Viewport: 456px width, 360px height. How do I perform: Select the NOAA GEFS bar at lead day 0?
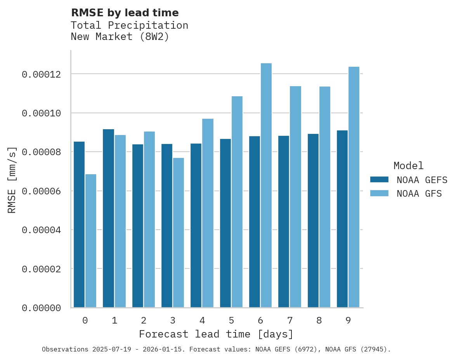(79, 225)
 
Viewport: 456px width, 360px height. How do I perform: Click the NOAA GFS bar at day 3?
(179, 233)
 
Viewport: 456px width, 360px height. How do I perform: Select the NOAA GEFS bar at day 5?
(225, 223)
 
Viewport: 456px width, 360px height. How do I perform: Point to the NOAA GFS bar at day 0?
(91, 241)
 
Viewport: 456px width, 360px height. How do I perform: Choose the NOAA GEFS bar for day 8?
(313, 221)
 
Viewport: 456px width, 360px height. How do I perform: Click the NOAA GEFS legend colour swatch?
(379, 180)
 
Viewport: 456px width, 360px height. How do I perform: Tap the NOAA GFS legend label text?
(419, 194)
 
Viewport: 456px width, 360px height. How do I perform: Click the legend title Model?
(408, 166)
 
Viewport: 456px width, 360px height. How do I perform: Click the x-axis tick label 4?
(202, 321)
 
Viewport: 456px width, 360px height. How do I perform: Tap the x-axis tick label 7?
(290, 321)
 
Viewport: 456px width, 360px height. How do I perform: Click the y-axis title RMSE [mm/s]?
(12, 180)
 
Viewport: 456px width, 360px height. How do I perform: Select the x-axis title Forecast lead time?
(216, 334)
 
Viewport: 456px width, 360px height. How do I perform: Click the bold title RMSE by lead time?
(125, 13)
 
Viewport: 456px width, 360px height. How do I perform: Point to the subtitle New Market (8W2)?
(120, 37)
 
